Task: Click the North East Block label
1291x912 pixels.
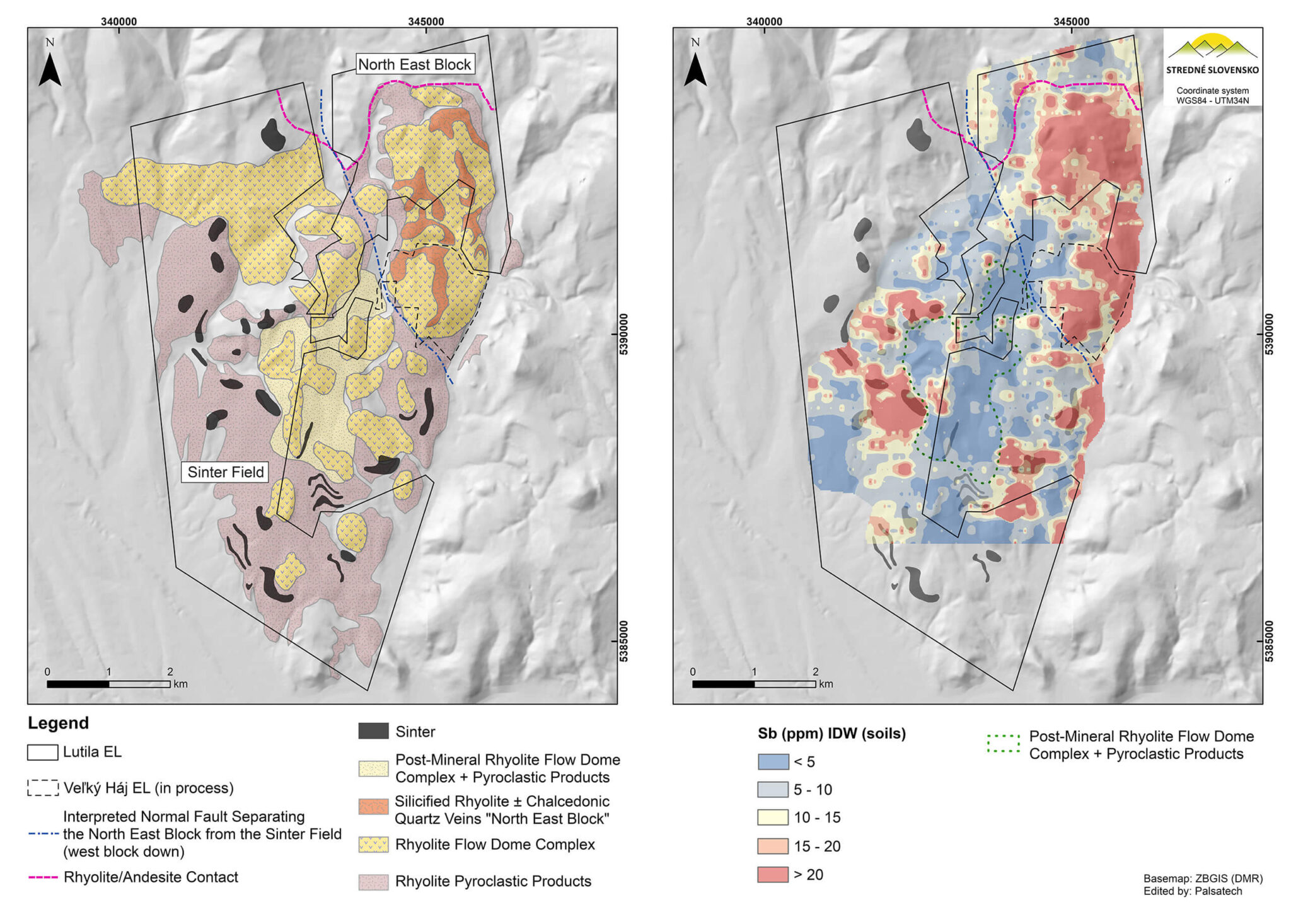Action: pyautogui.click(x=414, y=64)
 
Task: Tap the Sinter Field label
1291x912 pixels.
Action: pyautogui.click(x=225, y=472)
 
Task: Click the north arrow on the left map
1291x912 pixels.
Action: pyautogui.click(x=50, y=69)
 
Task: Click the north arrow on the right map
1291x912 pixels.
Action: pyautogui.click(x=695, y=69)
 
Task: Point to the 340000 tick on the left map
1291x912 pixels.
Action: pyautogui.click(x=119, y=21)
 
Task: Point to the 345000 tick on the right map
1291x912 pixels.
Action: pyautogui.click(x=1071, y=21)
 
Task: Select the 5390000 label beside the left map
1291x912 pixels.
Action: pyautogui.click(x=624, y=335)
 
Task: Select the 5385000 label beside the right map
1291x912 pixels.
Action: pyautogui.click(x=1270, y=641)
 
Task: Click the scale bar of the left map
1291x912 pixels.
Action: pyautogui.click(x=108, y=684)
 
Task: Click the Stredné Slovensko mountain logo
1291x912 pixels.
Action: pyautogui.click(x=1212, y=48)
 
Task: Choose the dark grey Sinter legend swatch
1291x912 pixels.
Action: pyautogui.click(x=373, y=731)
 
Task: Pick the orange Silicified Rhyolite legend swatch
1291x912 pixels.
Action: pyautogui.click(x=373, y=807)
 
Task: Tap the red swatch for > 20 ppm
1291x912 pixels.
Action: pyautogui.click(x=772, y=874)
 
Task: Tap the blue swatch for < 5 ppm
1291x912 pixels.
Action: pyautogui.click(x=772, y=761)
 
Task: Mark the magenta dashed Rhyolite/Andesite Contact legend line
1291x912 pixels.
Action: pyautogui.click(x=43, y=877)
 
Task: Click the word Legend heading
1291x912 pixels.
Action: pyautogui.click(x=58, y=723)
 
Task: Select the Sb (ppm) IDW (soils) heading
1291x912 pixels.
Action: pyautogui.click(x=831, y=734)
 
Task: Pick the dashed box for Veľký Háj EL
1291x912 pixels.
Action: pyautogui.click(x=43, y=788)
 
